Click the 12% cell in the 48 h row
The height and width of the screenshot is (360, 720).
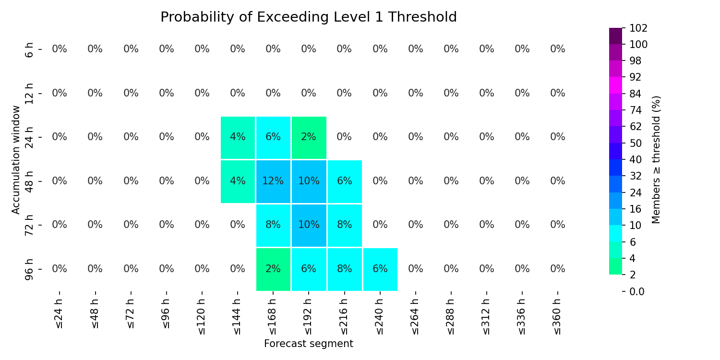coord(273,181)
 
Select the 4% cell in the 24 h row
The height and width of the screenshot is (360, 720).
coord(238,137)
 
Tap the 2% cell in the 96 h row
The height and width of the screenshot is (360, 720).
coord(273,269)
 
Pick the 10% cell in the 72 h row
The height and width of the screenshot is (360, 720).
coord(309,225)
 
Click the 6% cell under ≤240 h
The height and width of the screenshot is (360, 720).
coord(380,269)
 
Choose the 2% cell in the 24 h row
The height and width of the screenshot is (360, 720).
coord(309,137)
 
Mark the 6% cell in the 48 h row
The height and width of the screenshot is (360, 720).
coord(345,181)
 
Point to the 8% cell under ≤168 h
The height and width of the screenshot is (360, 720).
coord(273,225)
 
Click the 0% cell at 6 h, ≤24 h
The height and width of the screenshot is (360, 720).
coord(60,49)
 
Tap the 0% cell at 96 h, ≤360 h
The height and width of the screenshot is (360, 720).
coord(558,269)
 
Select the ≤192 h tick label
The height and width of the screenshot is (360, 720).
coord(308,317)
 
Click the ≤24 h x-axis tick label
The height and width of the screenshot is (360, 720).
coord(59,314)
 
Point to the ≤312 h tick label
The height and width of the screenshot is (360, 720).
coord(486,317)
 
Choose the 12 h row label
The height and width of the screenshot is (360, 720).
coord(29,94)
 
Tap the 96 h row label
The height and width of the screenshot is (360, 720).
coord(29,269)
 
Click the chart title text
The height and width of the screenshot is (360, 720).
coord(309,17)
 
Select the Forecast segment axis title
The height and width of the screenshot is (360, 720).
coord(309,344)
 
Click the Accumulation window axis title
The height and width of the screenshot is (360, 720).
coord(16,160)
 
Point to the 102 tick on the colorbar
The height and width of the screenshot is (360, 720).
coord(638,28)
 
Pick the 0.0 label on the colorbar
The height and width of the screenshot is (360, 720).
coord(637,291)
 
